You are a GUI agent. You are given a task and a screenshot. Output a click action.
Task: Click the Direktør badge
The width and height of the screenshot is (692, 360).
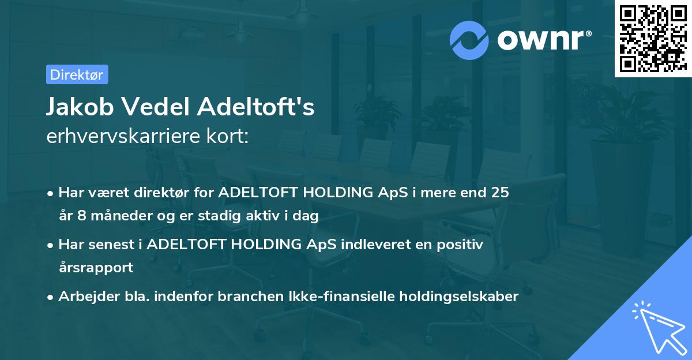(x=77, y=74)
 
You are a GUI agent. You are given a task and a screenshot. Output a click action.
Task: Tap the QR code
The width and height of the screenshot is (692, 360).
(x=653, y=39)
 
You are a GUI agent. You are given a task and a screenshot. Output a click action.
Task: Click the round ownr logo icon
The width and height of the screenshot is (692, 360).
(x=469, y=40)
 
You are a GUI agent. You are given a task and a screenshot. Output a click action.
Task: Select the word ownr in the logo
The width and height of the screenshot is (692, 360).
(x=542, y=40)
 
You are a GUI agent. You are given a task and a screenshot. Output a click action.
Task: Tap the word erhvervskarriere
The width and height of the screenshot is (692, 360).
(x=123, y=137)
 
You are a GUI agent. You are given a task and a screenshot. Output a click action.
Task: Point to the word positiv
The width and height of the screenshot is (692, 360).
(x=461, y=244)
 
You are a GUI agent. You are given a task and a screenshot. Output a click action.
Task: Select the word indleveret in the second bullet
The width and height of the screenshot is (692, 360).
(x=371, y=244)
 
